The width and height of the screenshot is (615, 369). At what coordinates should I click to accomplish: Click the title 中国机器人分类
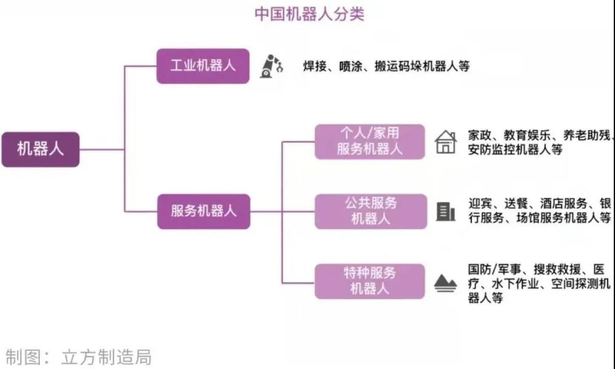(x=309, y=14)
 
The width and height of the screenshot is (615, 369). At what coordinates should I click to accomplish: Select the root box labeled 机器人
(x=41, y=149)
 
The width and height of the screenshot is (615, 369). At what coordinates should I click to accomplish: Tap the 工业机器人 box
(x=203, y=66)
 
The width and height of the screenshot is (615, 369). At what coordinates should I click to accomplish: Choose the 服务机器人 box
(x=204, y=211)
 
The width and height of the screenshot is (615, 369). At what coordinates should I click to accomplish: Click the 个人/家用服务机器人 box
(x=370, y=142)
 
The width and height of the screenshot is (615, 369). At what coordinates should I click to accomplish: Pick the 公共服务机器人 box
(x=371, y=211)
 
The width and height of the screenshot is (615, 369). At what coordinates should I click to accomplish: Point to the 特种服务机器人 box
(x=370, y=282)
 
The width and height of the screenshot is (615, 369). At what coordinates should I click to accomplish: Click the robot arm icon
(x=271, y=66)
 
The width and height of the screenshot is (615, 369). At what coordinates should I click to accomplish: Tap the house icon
(x=446, y=142)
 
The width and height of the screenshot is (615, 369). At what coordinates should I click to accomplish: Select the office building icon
(x=445, y=212)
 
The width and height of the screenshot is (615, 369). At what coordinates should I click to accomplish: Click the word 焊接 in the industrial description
(x=315, y=66)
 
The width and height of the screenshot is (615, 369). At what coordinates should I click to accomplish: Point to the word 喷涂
(x=351, y=66)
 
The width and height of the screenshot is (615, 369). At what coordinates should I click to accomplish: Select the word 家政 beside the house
(x=480, y=135)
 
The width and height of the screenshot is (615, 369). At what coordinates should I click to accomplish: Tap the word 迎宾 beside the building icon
(x=480, y=203)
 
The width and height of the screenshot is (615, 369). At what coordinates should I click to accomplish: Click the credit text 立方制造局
(x=106, y=357)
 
